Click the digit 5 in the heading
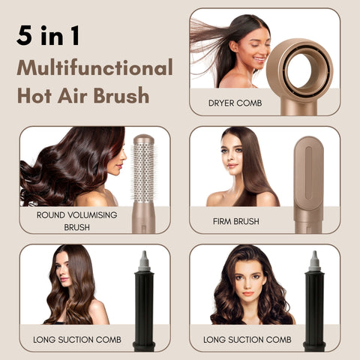25,35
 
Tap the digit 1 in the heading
74,35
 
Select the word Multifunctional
94,67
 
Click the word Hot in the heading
34,95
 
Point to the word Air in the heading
73,95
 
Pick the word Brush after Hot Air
121,95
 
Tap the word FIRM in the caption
221,221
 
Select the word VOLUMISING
92,215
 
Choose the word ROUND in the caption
51,215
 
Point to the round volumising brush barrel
143,172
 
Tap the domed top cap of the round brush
143,139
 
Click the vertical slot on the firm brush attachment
308,173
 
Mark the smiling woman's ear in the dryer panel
235,46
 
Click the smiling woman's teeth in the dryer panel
258,59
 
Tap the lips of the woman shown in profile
119,166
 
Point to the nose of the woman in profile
124,157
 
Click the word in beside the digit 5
52,35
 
